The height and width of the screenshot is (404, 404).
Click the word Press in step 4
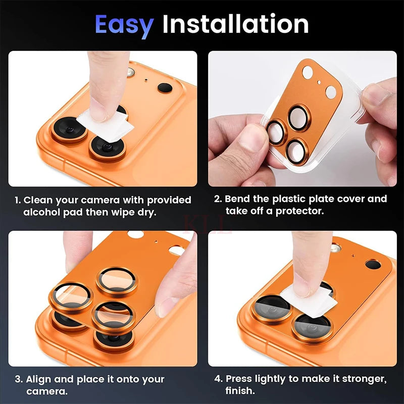pos(239,379)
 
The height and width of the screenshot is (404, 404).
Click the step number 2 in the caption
pos(218,199)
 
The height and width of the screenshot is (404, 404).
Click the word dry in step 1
pos(147,212)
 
